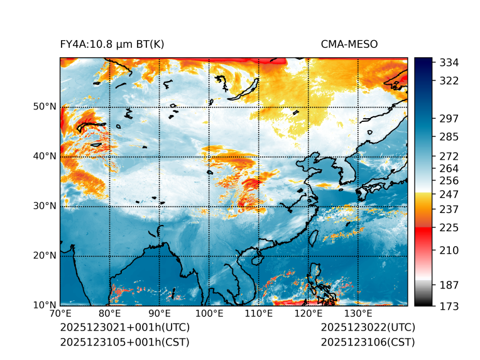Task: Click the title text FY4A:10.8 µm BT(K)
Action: pyautogui.click(x=112, y=44)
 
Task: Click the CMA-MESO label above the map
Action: pyautogui.click(x=349, y=44)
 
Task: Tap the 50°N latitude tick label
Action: pyautogui.click(x=45, y=106)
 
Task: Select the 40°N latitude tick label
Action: pyautogui.click(x=45, y=156)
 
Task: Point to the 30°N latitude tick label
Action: pyautogui.click(x=45, y=205)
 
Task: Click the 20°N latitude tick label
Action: pyautogui.click(x=45, y=255)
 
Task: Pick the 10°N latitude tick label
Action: pyautogui.click(x=45, y=305)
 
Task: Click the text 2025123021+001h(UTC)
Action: pyautogui.click(x=124, y=328)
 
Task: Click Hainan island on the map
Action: pyautogui.click(x=256, y=259)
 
